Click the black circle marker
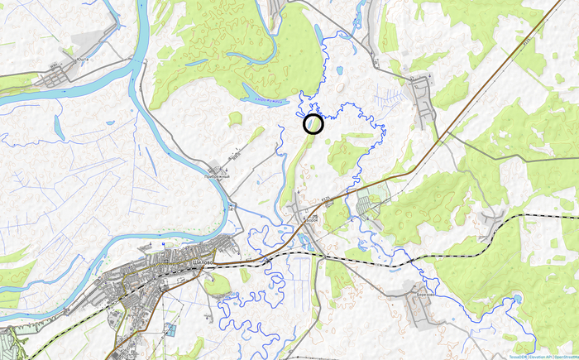click(x=313, y=124)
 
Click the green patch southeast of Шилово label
click(x=218, y=285)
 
